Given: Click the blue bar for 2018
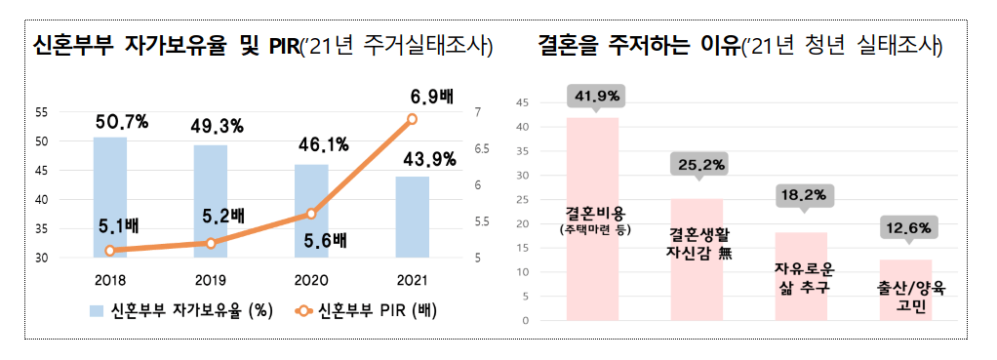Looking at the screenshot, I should tap(109, 195).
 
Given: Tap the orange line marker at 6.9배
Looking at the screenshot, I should tap(412, 119).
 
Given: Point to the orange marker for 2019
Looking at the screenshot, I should tap(211, 243).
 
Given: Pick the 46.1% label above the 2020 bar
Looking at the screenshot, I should tap(322, 147).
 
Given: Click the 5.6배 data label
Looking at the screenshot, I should tap(322, 239).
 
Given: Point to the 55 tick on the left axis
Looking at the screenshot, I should tap(41, 112).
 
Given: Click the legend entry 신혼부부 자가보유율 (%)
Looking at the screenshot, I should tap(176, 312).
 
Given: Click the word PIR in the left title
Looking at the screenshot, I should tap(281, 46).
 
